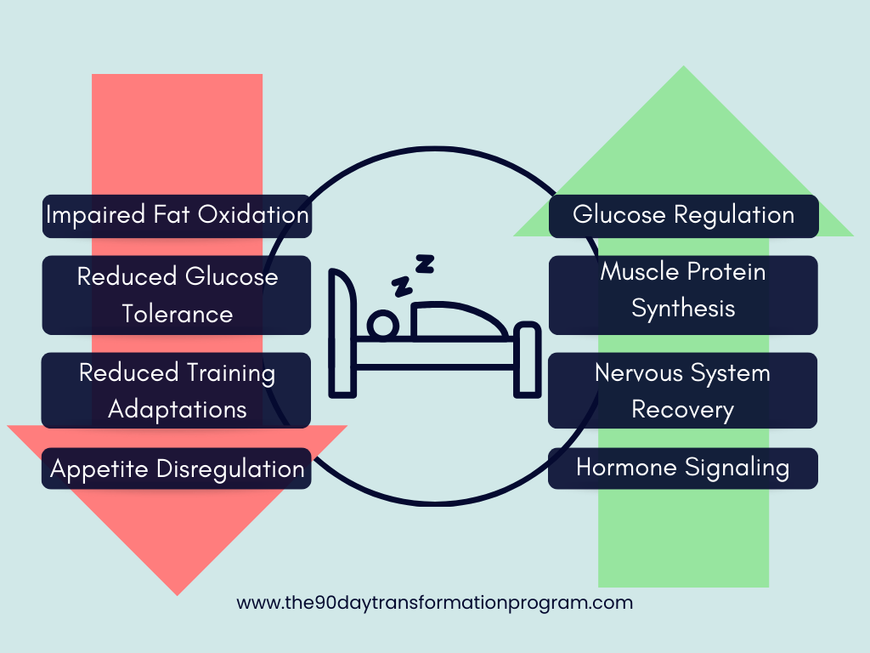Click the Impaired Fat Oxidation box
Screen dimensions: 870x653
[177, 216]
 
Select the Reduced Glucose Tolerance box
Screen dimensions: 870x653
[177, 295]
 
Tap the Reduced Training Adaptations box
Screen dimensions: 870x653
[177, 390]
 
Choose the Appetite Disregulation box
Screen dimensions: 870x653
[177, 468]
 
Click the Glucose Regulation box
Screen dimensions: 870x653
[683, 216]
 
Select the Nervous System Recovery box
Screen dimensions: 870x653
[683, 390]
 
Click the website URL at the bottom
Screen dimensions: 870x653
[434, 603]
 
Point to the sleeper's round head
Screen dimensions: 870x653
[381, 325]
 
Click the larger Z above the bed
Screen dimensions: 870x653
[424, 264]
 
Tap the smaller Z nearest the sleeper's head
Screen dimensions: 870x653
[399, 286]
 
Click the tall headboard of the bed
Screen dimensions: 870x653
[342, 332]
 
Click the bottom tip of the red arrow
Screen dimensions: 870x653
[177, 593]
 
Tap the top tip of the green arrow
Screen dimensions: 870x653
[683, 68]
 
